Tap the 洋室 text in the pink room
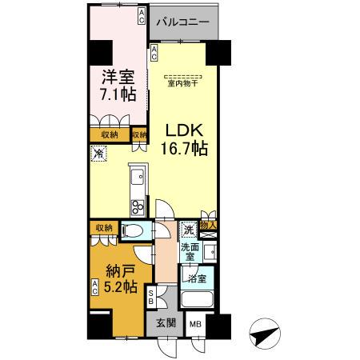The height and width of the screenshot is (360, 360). (x=118, y=78)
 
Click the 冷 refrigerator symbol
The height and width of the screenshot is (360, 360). (x=98, y=154)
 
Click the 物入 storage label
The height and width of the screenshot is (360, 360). (x=209, y=227)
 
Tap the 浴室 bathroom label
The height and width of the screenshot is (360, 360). (x=197, y=278)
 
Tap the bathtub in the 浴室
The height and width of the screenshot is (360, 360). (x=196, y=302)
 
